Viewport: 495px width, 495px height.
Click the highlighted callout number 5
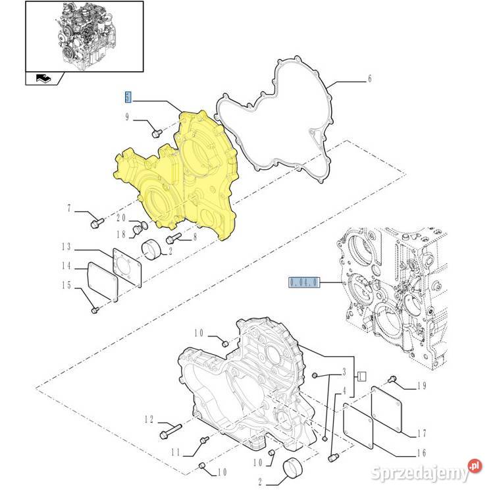click(x=128, y=97)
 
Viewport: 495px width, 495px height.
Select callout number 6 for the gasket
click(x=370, y=78)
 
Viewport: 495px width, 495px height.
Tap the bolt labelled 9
click(x=157, y=133)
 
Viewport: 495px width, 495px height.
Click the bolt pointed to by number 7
click(x=97, y=223)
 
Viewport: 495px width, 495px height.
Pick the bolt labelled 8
click(x=173, y=238)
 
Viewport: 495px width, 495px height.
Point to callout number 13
click(x=66, y=247)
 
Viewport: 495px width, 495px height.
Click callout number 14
click(x=66, y=266)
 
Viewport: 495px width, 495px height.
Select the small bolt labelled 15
click(x=95, y=310)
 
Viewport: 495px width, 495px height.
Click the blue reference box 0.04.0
click(x=304, y=282)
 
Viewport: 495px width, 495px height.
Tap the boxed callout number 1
click(x=362, y=376)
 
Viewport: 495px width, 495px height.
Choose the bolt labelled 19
click(x=393, y=378)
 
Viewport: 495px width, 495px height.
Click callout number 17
click(x=422, y=433)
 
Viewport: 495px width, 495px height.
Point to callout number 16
click(x=422, y=453)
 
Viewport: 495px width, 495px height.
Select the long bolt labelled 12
click(x=170, y=431)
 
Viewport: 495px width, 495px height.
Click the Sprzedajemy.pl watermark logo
click(x=427, y=471)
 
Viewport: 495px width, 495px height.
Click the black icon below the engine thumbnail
click(x=44, y=78)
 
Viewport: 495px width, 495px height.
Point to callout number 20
click(x=121, y=218)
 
